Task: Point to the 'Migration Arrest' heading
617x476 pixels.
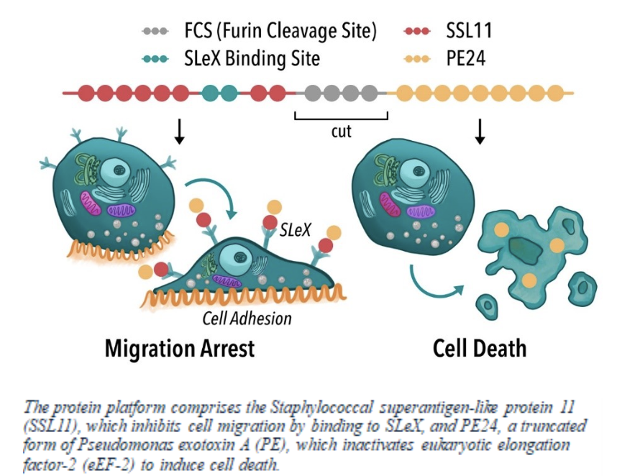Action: (x=179, y=349)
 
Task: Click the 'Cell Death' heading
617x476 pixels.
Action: (x=480, y=349)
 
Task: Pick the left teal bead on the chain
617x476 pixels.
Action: (x=211, y=93)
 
